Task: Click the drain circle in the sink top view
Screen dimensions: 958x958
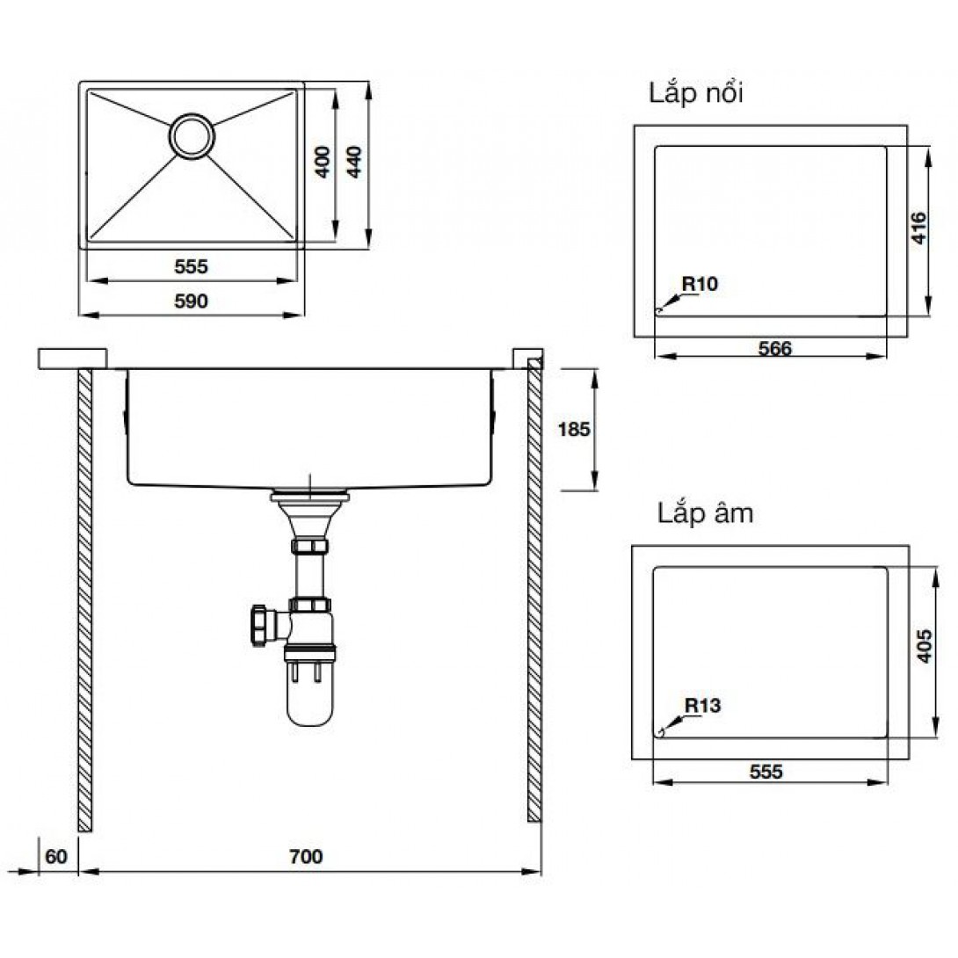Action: pos(192,136)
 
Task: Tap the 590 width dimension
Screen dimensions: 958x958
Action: pos(192,301)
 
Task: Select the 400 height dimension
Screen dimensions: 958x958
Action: pos(323,162)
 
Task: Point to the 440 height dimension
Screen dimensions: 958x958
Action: pos(354,162)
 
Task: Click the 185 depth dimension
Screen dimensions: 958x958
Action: pos(574,430)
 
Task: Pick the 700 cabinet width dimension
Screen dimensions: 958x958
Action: pos(306,857)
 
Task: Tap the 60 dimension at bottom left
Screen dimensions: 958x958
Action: pos(56,857)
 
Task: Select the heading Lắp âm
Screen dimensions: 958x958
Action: pos(705,514)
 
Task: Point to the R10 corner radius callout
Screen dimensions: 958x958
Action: pos(700,284)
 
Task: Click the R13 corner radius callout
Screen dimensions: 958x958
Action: pos(702,706)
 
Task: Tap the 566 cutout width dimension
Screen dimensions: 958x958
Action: pos(774,349)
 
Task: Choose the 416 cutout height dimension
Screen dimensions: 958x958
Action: pos(919,228)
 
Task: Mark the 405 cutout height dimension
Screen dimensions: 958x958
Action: pos(925,646)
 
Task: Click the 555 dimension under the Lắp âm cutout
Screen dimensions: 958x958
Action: pos(766,773)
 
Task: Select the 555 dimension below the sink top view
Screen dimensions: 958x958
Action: pos(192,266)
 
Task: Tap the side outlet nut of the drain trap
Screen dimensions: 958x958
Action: pos(259,625)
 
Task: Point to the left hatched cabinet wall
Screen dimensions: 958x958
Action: pos(85,600)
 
